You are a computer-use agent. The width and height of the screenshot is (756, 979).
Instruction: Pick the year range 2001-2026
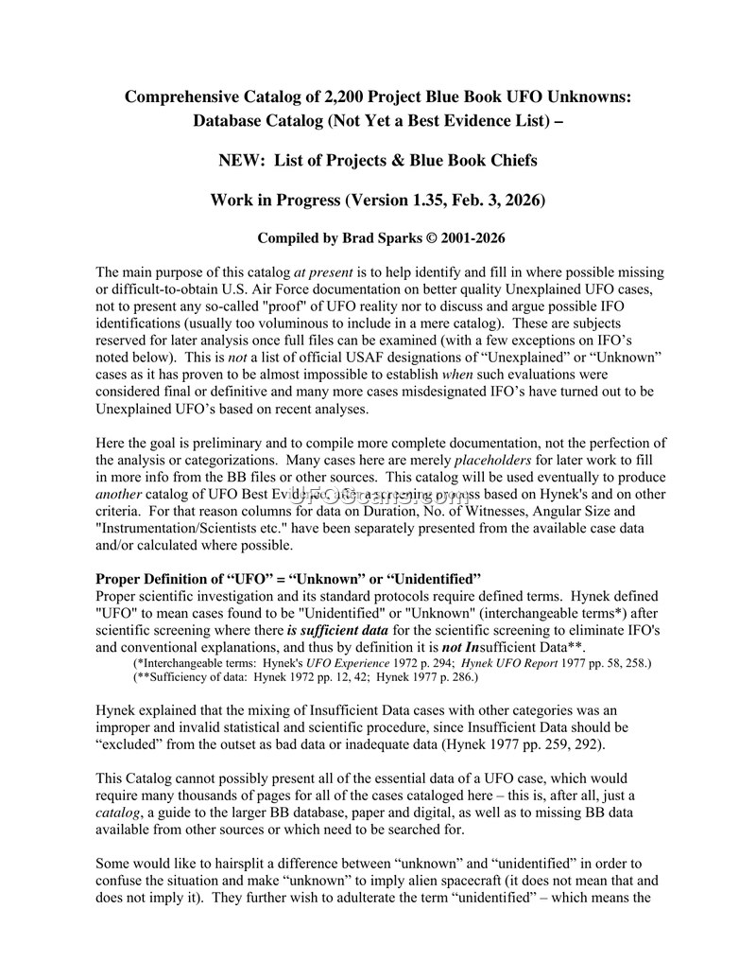coord(461,237)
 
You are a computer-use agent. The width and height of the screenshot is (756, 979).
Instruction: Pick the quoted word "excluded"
coord(133,743)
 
